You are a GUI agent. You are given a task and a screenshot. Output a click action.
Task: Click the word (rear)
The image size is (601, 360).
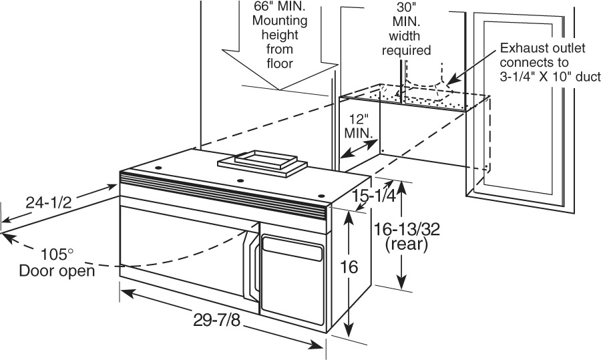pyautogui.click(x=407, y=244)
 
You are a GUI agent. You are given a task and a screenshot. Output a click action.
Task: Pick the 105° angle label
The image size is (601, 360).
pyautogui.click(x=56, y=254)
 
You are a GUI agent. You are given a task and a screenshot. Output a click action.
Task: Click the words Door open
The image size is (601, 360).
pyautogui.click(x=56, y=271)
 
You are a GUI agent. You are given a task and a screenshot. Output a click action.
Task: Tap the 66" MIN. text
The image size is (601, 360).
pyautogui.click(x=280, y=7)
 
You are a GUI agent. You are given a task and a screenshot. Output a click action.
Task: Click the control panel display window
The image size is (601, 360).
pyautogui.click(x=291, y=252)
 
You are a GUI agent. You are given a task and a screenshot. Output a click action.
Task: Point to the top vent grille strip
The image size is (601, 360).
pyautogui.click(x=220, y=192)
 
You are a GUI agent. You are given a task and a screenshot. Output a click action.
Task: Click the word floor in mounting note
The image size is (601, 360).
pyautogui.click(x=279, y=63)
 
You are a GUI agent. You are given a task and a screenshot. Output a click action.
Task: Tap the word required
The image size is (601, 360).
pyautogui.click(x=405, y=50)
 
